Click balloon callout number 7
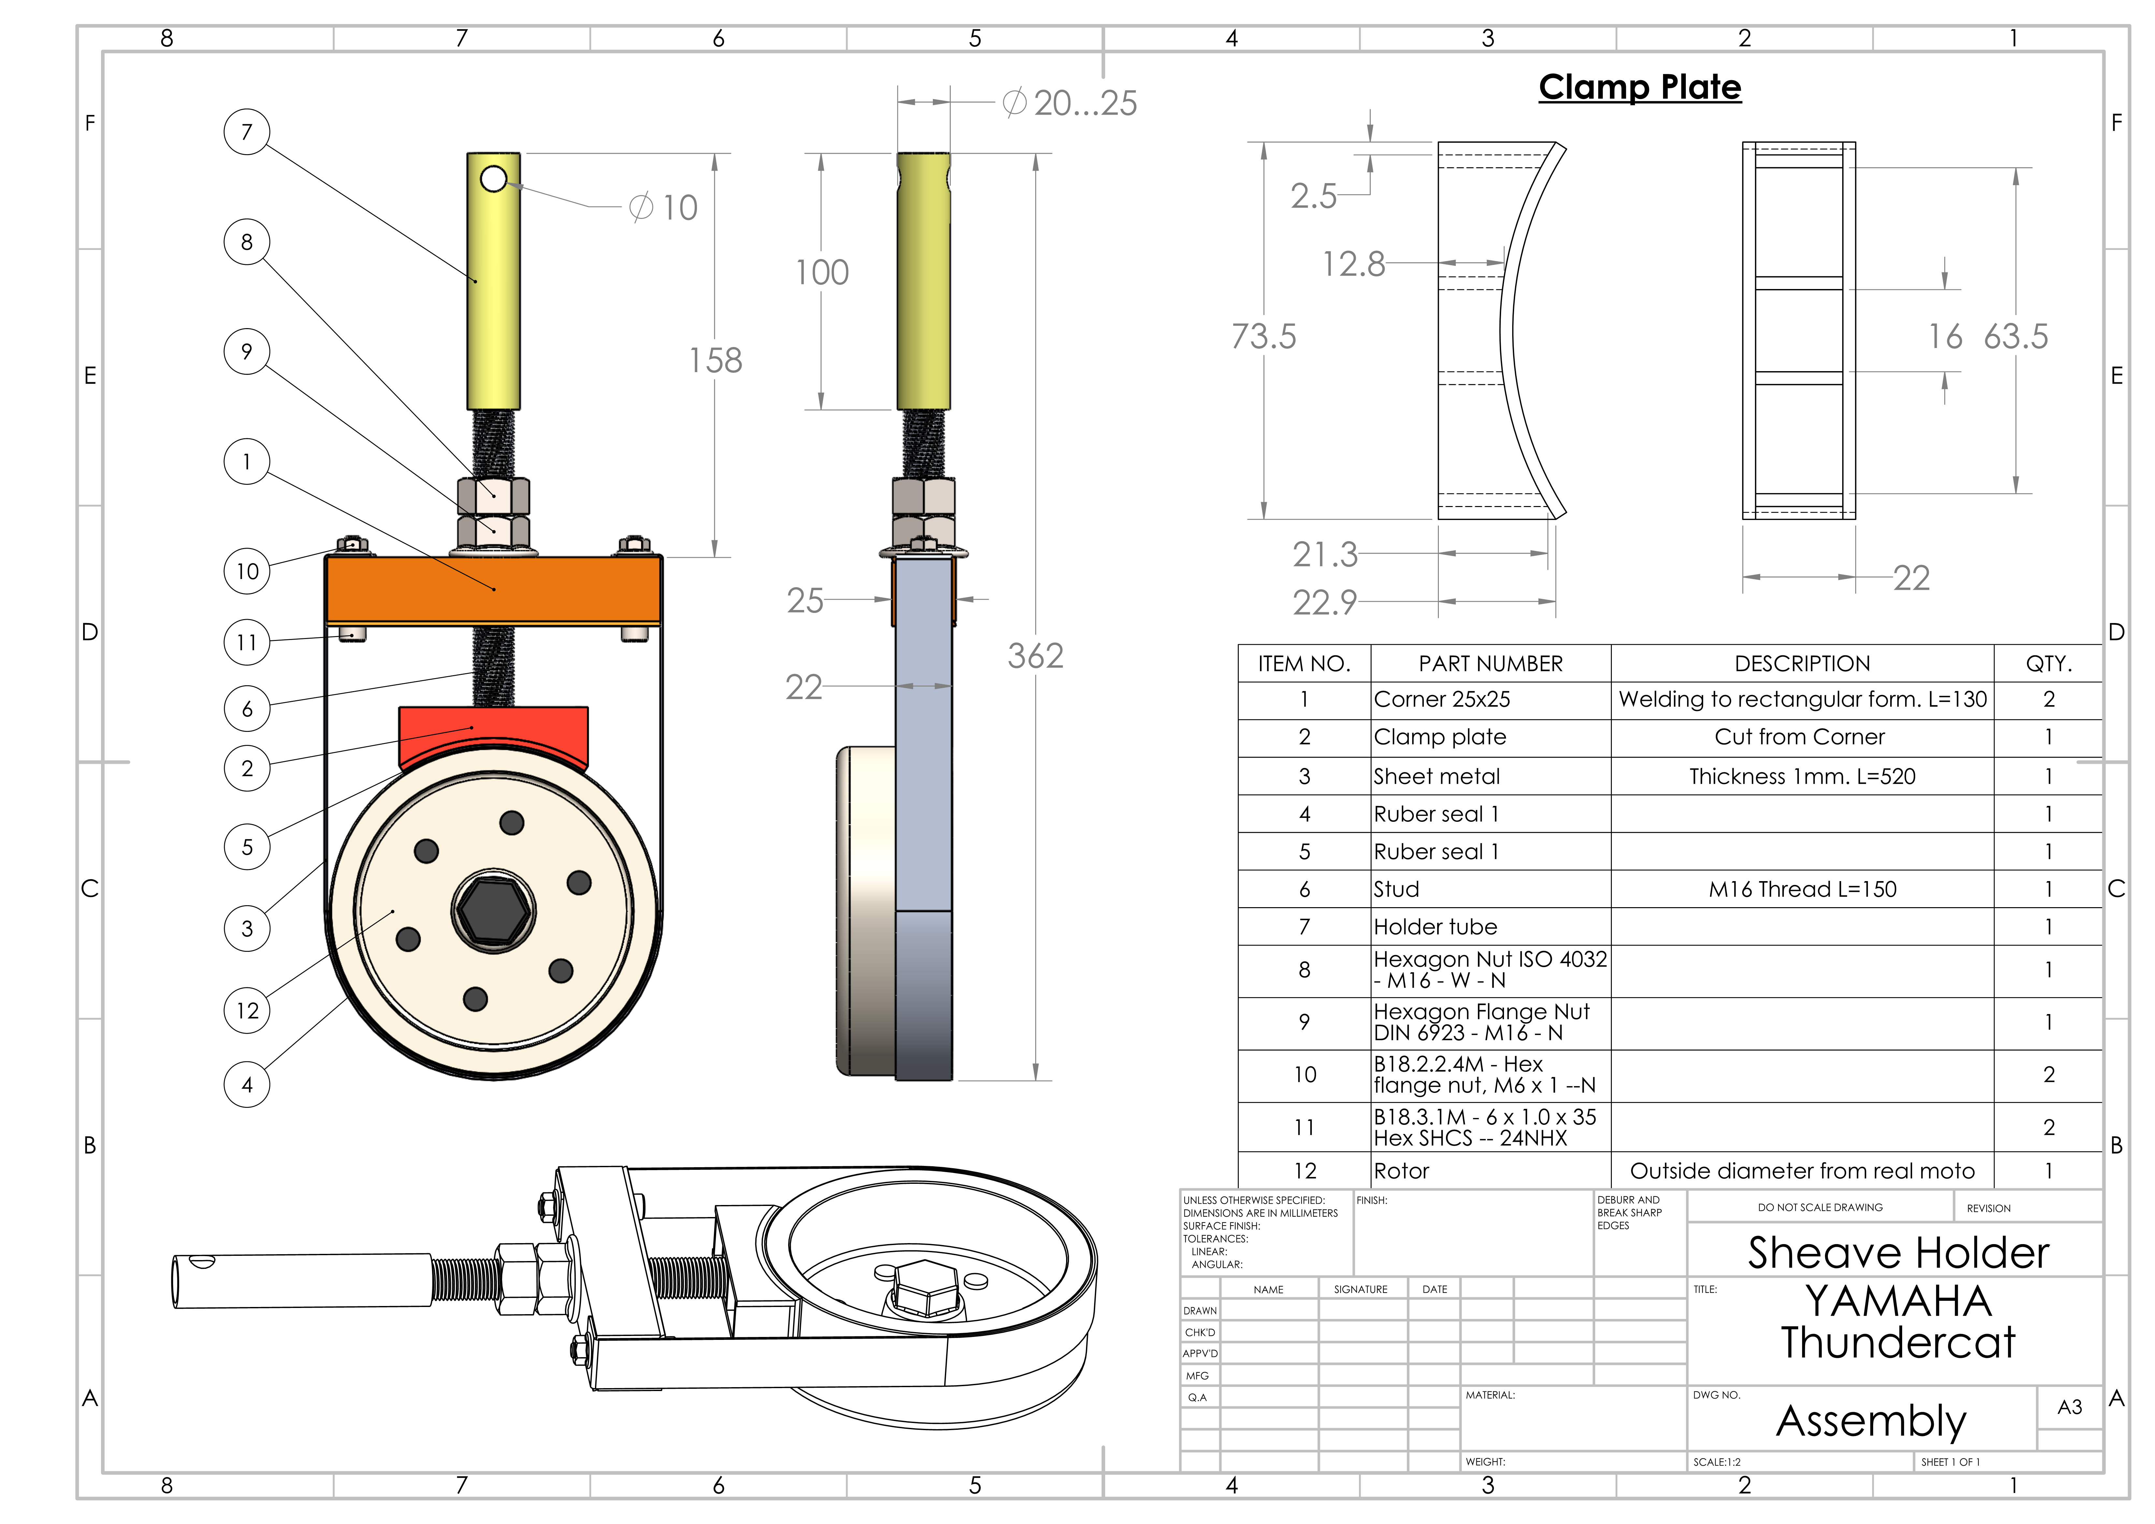click(x=247, y=131)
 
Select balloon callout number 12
click(x=247, y=1011)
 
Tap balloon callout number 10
click(x=247, y=571)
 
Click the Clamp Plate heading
click(x=1640, y=87)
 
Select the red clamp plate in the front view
click(x=494, y=732)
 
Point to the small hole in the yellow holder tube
click(x=493, y=178)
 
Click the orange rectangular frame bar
click(x=494, y=589)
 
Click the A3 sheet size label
click(x=2070, y=1407)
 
